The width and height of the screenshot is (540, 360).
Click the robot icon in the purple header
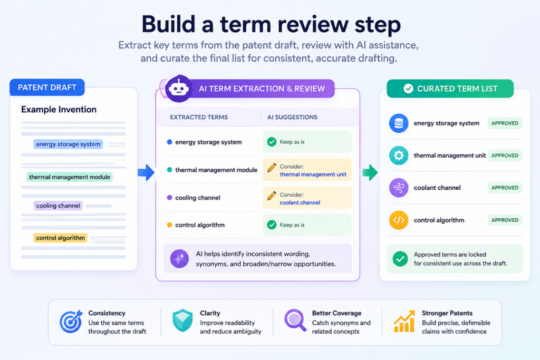click(178, 89)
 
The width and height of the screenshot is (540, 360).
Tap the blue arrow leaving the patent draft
click(146, 172)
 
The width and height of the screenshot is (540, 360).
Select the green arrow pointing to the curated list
click(370, 172)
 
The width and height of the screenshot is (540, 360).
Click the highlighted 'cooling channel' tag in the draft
click(58, 206)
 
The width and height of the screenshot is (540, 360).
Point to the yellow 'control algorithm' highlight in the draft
click(60, 238)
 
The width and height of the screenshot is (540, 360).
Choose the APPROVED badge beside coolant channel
click(505, 188)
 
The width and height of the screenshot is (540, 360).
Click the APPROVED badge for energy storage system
click(505, 123)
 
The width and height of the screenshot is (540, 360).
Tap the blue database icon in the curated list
click(399, 123)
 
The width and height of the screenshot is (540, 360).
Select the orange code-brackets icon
click(399, 220)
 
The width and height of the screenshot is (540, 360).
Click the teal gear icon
click(399, 155)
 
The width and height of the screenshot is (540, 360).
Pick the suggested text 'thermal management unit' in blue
click(313, 174)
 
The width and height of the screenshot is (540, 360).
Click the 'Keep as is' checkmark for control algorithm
click(272, 225)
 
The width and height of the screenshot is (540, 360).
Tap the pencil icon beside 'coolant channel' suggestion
click(272, 196)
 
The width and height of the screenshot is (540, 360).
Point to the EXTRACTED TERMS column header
click(199, 117)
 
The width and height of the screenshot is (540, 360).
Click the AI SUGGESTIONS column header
click(292, 117)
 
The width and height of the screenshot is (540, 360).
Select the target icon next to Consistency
click(71, 322)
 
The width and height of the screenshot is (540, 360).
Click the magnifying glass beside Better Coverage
click(295, 320)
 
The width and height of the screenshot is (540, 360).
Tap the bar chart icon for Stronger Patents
click(404, 322)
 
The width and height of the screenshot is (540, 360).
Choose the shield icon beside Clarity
click(182, 320)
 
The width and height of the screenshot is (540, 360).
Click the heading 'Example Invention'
click(59, 110)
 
